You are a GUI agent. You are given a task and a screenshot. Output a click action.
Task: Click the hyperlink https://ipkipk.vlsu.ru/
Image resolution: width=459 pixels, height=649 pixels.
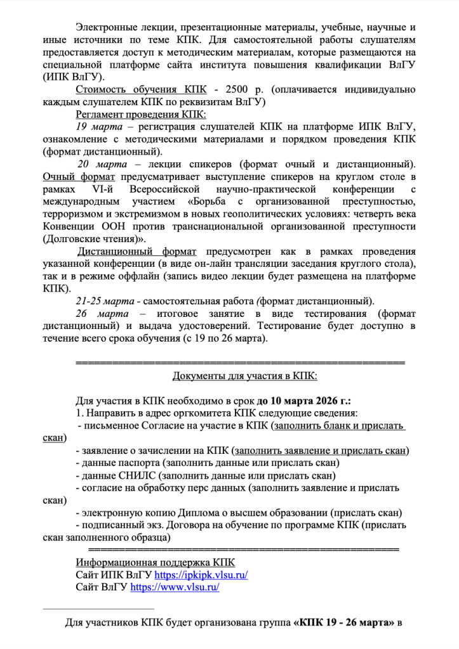point(201,575)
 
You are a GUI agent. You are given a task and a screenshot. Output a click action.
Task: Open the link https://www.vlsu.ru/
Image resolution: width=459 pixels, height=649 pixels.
point(175,588)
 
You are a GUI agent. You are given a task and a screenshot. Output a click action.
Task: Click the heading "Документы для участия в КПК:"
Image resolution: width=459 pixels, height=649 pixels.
point(244,376)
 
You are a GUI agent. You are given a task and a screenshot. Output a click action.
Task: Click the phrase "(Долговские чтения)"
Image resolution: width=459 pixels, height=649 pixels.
point(93,239)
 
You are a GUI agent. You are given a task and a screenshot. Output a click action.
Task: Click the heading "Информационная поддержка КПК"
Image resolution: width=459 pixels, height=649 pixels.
point(155,563)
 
